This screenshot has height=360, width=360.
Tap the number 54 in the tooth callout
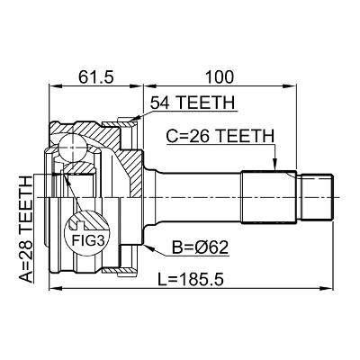pyautogui.click(x=159, y=104)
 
